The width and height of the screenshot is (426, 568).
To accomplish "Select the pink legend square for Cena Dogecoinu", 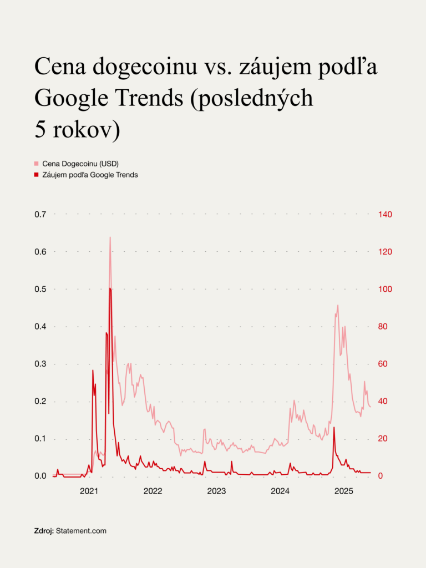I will [37, 164].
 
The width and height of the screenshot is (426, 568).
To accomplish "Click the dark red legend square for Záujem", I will [37, 175].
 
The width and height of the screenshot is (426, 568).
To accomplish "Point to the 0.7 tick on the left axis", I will [40, 214].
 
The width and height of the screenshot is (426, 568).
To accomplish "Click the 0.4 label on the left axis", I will [40, 327].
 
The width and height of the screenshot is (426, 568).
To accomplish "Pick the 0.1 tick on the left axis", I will [40, 439].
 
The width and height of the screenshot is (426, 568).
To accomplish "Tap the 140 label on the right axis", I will [385, 214].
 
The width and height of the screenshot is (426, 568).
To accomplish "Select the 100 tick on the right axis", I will [385, 289].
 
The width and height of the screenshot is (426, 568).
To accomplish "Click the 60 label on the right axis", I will [383, 364].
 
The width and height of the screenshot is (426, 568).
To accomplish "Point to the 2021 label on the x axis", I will [89, 491].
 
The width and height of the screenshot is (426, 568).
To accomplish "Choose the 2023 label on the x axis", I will [216, 491].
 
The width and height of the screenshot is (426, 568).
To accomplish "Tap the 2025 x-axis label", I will [344, 491].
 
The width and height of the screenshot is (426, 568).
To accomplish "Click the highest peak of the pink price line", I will [110, 237].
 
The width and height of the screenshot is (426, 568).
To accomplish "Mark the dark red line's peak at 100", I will [110, 288].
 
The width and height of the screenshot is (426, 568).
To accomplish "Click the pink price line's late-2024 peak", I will [337, 305].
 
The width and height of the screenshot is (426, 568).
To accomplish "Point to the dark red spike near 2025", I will [334, 427].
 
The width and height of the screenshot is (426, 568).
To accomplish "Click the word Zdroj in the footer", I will [44, 531].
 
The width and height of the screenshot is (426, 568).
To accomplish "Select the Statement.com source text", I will [81, 531].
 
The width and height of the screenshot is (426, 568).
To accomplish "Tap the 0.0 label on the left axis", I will [40, 476].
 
